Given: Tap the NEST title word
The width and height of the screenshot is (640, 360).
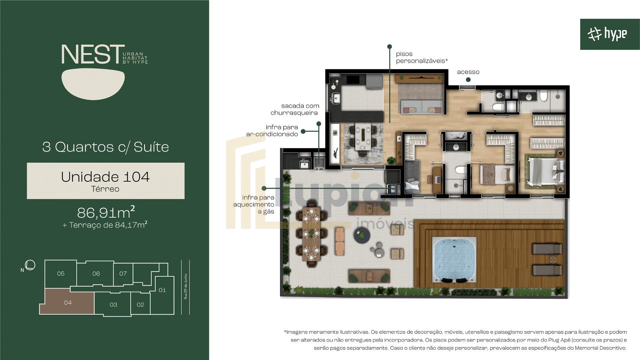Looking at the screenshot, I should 91,55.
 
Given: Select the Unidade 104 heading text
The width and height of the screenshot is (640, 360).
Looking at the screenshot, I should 105,177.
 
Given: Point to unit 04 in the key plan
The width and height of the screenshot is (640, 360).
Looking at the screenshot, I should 68,303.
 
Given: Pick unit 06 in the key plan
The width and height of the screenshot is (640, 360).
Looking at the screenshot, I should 96,274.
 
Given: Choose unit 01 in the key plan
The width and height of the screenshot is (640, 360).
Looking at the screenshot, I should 162,290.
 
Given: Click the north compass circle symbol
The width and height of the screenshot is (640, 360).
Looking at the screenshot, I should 30,265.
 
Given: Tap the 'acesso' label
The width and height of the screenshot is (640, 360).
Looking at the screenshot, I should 468,72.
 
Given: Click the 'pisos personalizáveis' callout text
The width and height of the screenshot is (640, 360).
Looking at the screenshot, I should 421,57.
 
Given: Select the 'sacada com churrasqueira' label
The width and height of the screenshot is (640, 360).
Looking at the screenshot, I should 295,109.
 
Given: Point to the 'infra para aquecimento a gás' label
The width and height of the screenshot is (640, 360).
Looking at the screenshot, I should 254,204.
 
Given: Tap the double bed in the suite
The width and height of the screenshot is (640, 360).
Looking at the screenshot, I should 544,171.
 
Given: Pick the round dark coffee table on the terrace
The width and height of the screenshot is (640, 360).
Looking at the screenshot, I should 362,236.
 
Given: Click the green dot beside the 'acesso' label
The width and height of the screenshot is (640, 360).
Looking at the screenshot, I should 468,80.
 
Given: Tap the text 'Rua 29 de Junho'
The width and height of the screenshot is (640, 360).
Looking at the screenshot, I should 186,287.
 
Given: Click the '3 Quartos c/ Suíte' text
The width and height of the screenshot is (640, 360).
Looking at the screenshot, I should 106,147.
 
